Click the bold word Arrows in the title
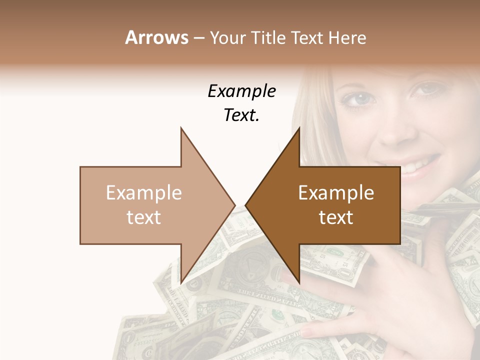pos(156,37)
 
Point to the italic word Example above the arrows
pos(242,91)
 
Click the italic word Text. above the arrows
pos(242,115)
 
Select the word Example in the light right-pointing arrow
pos(144,193)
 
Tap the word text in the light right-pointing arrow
pos(144,217)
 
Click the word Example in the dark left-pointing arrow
pos(336,193)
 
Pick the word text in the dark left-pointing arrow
pos(336,217)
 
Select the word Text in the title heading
pos(308,37)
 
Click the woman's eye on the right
pos(425,90)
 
